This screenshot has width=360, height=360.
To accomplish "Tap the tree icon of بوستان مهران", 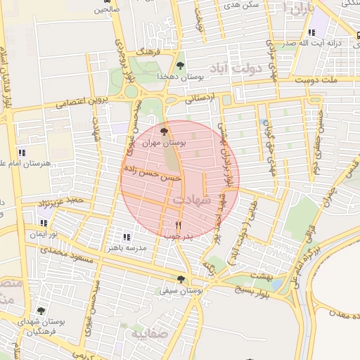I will pos(164,131).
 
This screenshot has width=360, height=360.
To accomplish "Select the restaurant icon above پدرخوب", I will pos(177,226).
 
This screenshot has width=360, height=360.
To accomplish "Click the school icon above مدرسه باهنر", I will pos(127,238).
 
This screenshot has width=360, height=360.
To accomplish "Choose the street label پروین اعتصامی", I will pos(84,103).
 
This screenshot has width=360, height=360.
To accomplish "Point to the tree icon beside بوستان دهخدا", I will pos(181,65).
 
